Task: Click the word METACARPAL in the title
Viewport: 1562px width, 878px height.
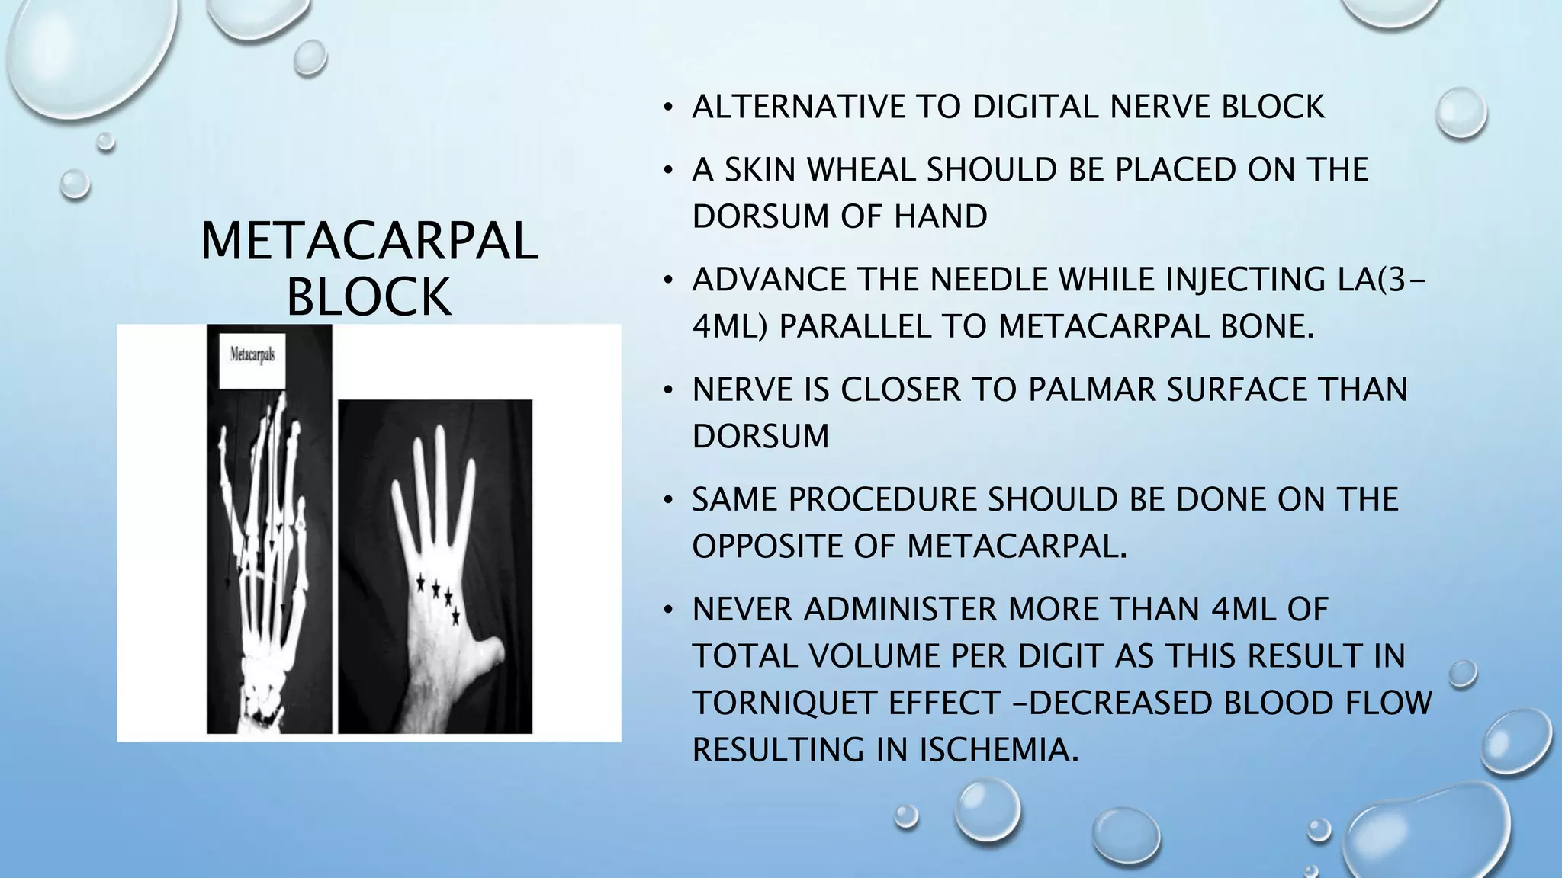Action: [x=369, y=241]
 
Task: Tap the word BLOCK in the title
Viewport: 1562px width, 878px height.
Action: [x=369, y=296]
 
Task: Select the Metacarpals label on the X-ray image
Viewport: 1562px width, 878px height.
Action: [x=252, y=355]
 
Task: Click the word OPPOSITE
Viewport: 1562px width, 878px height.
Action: [x=793, y=546]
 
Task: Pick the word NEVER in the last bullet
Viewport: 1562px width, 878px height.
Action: [x=742, y=610]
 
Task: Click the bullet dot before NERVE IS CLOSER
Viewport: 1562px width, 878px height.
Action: [x=668, y=391]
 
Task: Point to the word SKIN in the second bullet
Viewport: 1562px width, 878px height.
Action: [x=760, y=170]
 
